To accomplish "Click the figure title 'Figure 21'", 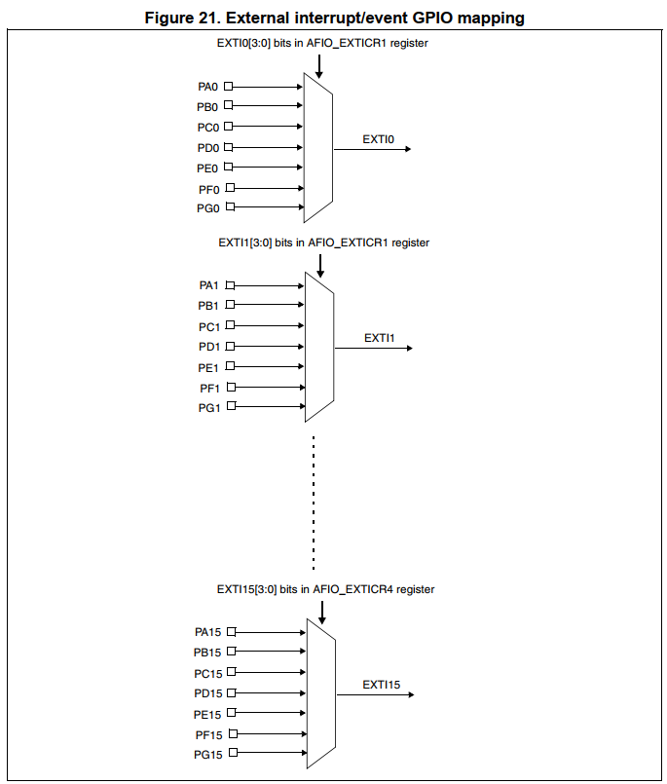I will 334,18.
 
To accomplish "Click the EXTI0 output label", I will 378,139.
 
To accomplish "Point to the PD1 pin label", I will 209,347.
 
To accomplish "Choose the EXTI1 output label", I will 379,338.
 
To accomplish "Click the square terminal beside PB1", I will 230,306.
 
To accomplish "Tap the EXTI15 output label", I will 382,685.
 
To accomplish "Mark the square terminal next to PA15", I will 232,632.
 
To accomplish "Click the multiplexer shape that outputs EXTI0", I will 318,147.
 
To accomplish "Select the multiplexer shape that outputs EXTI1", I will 319,347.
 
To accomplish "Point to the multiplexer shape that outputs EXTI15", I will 321,693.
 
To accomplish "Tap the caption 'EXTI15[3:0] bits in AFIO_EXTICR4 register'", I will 325,589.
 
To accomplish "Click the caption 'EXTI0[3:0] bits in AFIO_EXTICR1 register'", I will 322,44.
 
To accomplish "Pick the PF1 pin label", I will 208,388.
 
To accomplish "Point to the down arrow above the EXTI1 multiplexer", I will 319,261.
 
